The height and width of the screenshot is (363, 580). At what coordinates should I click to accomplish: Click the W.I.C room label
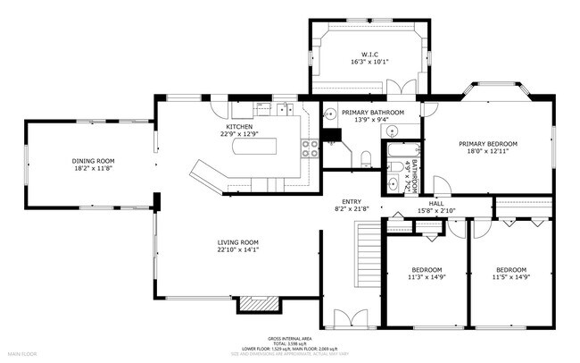pyautogui.click(x=371, y=54)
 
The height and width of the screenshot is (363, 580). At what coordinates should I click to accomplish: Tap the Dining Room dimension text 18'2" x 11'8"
pyautogui.click(x=94, y=168)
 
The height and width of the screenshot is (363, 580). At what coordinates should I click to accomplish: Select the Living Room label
pyautogui.click(x=238, y=242)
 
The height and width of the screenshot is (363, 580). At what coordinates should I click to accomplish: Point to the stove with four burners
pyautogui.click(x=311, y=148)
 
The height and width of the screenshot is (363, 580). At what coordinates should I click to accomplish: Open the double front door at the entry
pyautogui.click(x=344, y=318)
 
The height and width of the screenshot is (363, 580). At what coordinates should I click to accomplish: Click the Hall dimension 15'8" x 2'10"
pyautogui.click(x=436, y=211)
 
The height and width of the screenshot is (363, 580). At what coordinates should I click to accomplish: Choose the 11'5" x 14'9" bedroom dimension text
pyautogui.click(x=511, y=277)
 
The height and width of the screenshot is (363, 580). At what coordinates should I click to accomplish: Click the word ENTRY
pyautogui.click(x=350, y=201)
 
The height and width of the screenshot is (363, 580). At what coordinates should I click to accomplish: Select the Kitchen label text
pyautogui.click(x=238, y=127)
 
